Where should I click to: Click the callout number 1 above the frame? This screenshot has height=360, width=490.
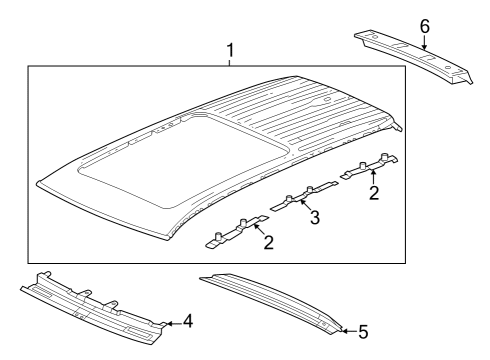[x=230, y=51]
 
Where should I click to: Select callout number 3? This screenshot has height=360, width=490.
[x=315, y=217]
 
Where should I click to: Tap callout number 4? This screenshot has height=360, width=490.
[x=188, y=321]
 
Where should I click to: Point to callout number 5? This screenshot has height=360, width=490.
[x=363, y=332]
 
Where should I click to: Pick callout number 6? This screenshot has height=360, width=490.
[x=425, y=26]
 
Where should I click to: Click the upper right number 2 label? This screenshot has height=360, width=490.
[x=374, y=193]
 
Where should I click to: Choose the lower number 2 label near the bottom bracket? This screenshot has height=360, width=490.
[x=269, y=242]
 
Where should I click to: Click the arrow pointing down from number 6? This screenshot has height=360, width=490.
[x=424, y=43]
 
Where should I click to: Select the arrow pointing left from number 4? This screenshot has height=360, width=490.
[x=174, y=323]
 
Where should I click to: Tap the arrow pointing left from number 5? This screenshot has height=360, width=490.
[x=349, y=331]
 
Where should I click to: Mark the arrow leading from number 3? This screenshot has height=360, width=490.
[x=305, y=205]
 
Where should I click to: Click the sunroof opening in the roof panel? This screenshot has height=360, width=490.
[x=183, y=160]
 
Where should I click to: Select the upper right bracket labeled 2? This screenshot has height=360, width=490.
[x=369, y=166]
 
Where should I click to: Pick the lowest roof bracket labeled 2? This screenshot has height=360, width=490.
[x=236, y=231]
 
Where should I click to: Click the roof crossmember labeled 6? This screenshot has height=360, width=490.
[x=413, y=57]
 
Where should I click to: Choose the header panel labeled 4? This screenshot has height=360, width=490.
[x=92, y=308]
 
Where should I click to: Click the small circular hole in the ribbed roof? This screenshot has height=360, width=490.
[x=327, y=99]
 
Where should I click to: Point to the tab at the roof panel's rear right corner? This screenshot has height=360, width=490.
[x=397, y=127]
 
